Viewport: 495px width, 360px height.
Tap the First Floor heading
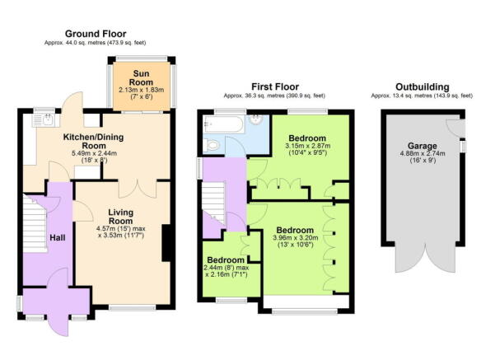[276, 86]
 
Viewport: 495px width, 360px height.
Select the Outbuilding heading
[421, 86]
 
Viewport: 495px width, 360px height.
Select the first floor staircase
[215, 203]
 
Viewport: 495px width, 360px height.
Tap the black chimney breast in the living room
[168, 242]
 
